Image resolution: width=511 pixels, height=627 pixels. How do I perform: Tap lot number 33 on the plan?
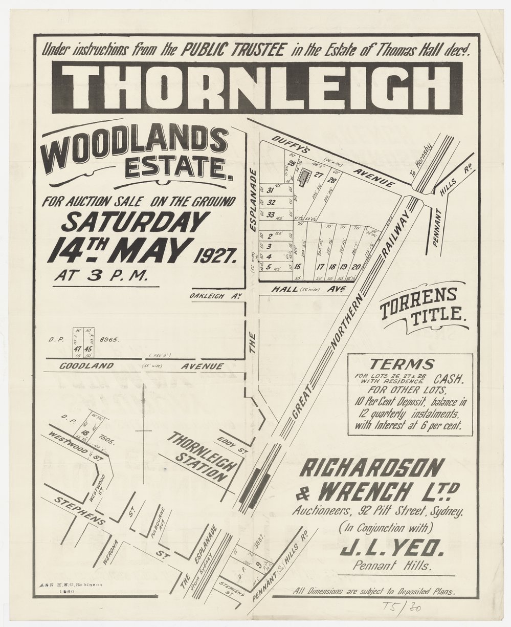coord(271,214)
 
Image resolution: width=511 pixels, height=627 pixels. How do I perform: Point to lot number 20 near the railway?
coord(356,266)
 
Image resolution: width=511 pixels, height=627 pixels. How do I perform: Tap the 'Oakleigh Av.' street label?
coord(214,296)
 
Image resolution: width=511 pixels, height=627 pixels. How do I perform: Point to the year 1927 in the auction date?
coord(215,253)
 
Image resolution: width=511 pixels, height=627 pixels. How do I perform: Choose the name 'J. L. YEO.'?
coord(392,550)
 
